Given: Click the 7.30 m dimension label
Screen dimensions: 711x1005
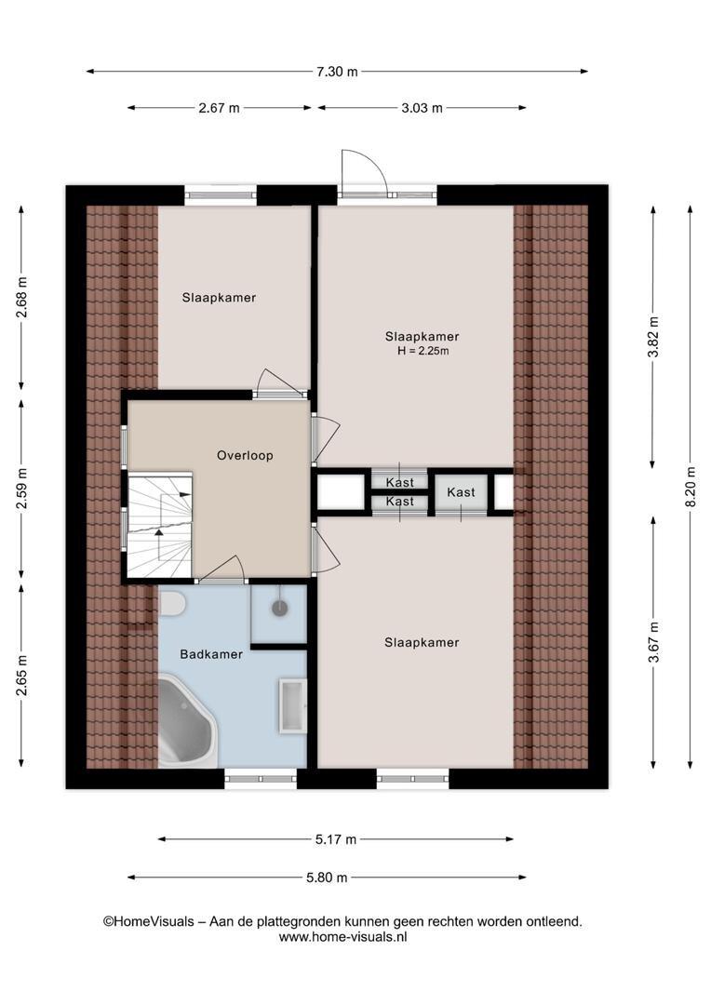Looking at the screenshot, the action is [x=337, y=72].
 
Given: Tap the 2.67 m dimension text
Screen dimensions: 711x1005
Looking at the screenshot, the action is [x=220, y=108].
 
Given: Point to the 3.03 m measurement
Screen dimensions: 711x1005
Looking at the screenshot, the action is [x=422, y=108].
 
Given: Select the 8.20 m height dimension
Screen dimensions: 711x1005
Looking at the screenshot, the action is [x=691, y=487].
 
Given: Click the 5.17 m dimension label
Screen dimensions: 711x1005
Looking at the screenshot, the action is [x=336, y=839].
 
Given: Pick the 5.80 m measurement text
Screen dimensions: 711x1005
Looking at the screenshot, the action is [x=327, y=878].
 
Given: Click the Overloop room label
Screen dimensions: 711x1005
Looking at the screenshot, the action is [x=245, y=456].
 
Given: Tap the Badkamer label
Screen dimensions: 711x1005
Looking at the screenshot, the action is [x=211, y=654].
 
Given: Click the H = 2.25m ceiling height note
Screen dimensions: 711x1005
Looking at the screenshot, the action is [x=423, y=351].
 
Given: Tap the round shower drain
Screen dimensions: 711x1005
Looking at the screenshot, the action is [x=279, y=608].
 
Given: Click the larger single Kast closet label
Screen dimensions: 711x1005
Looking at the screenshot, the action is [x=461, y=492].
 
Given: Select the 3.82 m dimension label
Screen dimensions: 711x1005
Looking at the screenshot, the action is [x=653, y=337].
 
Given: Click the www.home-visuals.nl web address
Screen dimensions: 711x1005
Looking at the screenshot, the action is [x=343, y=937].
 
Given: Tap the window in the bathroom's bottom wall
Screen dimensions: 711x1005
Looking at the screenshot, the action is [x=261, y=779].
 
